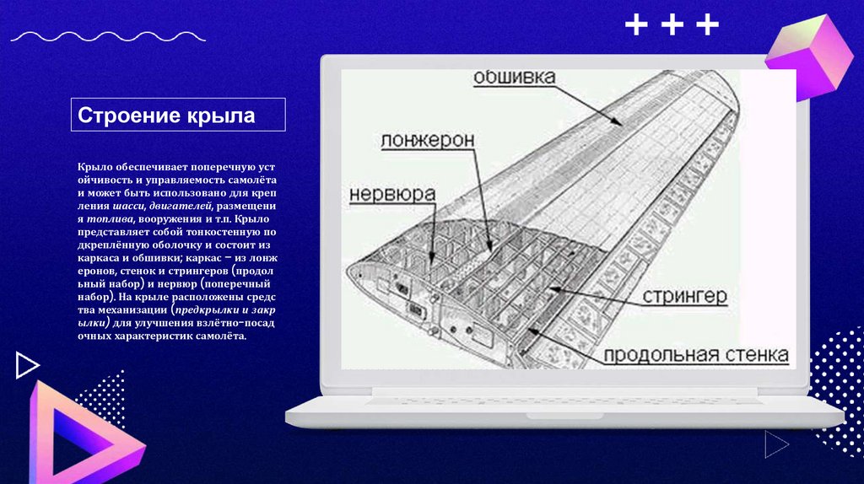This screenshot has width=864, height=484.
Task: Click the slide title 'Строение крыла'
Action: (166, 115)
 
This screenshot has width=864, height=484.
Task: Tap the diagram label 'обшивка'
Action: (514, 77)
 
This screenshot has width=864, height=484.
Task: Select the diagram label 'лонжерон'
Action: (427, 141)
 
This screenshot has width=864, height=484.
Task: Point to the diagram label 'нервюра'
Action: (392, 194)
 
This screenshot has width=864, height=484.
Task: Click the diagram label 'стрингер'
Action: (684, 296)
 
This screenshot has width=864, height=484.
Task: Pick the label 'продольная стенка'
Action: (696, 355)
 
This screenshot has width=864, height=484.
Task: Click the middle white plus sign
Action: (672, 24)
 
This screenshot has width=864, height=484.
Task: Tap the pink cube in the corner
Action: (809, 58)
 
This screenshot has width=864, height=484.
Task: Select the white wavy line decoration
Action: (108, 37)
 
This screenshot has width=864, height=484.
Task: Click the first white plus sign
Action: (636, 24)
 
